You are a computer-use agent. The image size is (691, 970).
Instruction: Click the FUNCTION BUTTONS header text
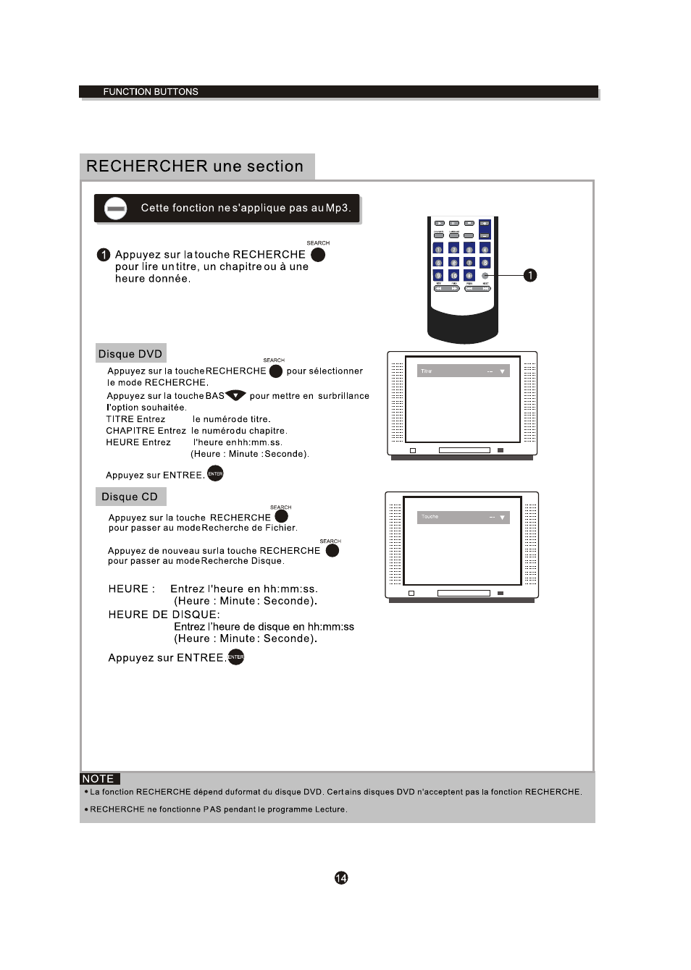click(x=151, y=92)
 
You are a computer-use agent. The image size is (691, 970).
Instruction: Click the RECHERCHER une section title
click(x=195, y=166)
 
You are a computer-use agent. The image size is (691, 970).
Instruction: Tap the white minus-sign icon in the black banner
click(x=115, y=208)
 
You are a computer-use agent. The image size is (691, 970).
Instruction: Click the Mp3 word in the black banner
click(x=337, y=208)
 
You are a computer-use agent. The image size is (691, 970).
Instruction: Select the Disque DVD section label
click(x=130, y=354)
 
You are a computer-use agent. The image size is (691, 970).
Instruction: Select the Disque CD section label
click(x=130, y=497)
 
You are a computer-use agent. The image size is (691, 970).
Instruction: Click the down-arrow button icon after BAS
click(x=235, y=395)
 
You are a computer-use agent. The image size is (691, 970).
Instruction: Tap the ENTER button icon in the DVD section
click(x=215, y=473)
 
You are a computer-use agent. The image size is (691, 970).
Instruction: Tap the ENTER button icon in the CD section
click(x=236, y=657)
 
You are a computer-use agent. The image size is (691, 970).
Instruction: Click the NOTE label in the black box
click(x=99, y=779)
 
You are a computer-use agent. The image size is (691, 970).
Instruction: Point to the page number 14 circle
click(x=341, y=878)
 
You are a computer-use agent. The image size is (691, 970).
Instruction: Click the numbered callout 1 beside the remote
click(x=530, y=275)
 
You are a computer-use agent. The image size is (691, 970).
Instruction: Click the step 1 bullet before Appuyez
click(x=104, y=255)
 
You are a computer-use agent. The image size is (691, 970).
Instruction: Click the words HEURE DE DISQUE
click(x=164, y=615)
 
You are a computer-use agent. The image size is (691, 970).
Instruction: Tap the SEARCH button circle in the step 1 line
click(x=318, y=255)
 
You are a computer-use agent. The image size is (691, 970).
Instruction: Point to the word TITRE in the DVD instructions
click(x=120, y=419)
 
